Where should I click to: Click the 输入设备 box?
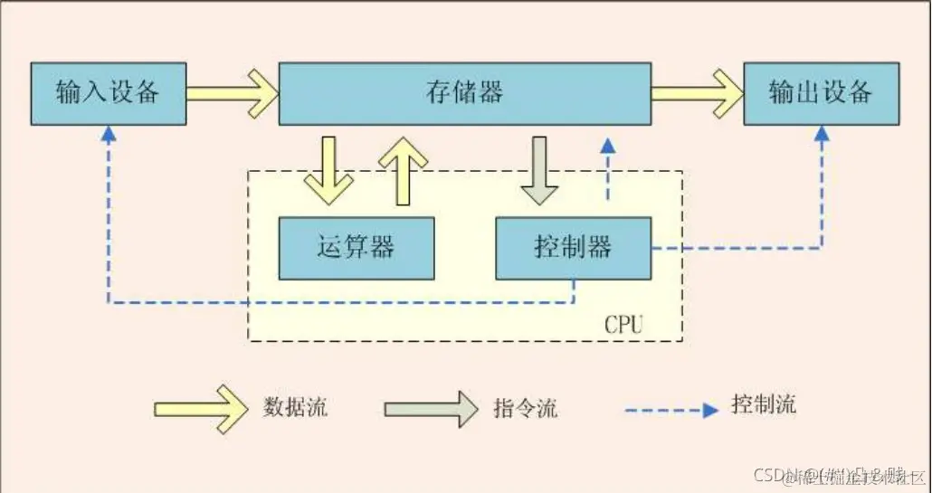pos(108,93)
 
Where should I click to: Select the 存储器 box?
pos(464,93)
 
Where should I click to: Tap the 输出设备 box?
pos(821,93)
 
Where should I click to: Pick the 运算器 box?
pos(356,248)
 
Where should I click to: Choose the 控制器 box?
pos(573,248)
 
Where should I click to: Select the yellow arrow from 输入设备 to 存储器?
pos(232,92)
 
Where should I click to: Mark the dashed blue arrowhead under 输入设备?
pos(109,134)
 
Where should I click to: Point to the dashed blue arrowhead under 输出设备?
pos(822,134)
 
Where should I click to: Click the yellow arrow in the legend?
pos(200,409)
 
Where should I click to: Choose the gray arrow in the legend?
pos(430,409)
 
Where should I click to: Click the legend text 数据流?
pos(295,407)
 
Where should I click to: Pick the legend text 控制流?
pos(763,404)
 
